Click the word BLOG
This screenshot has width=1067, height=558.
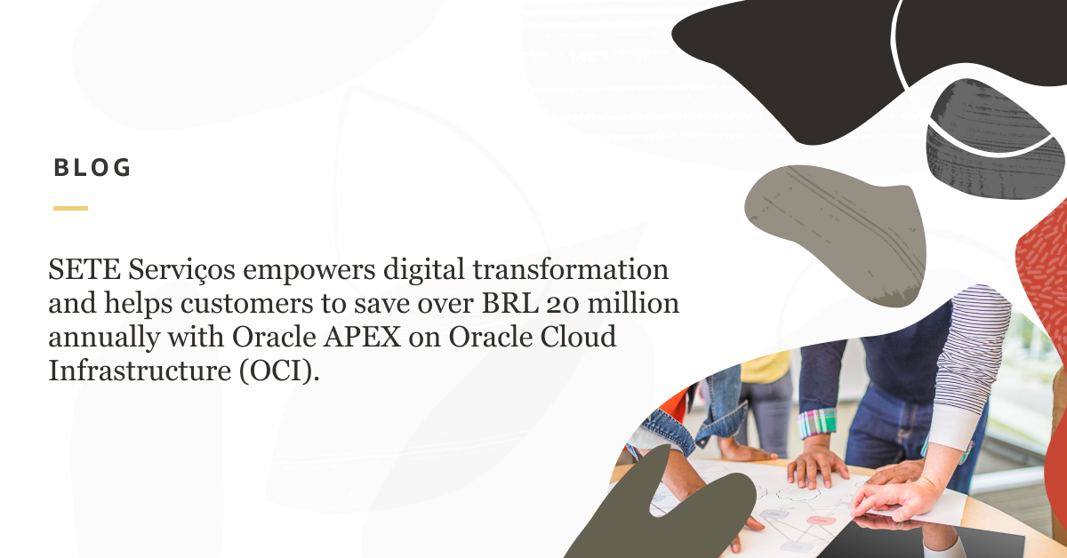coord(92,167)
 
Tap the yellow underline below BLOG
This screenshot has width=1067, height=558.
coord(70,208)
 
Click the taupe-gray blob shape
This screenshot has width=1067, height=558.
coord(836,222)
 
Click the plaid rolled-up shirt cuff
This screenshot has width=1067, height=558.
coord(818,422)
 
